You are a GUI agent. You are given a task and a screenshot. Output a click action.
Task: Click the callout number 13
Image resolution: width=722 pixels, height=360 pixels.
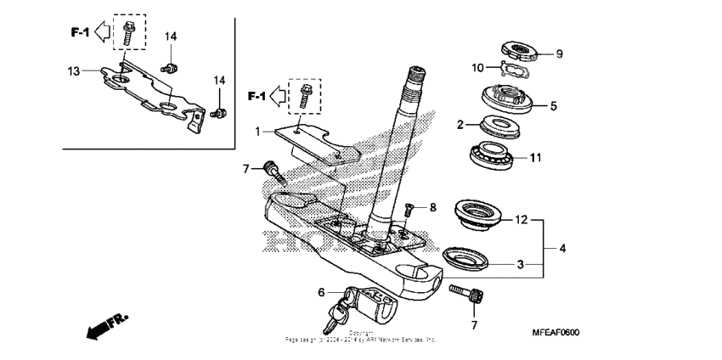(73, 71)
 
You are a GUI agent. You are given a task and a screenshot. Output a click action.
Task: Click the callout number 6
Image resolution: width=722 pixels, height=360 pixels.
(322, 292)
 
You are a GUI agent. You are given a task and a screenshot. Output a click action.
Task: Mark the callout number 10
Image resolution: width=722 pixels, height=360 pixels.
(477, 66)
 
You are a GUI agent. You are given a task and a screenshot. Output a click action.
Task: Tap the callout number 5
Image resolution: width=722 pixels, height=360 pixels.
(553, 106)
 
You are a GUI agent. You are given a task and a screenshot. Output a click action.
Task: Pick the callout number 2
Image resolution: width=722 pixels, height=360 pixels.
(460, 125)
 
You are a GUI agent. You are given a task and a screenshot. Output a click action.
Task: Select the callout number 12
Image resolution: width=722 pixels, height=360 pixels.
(520, 220)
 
